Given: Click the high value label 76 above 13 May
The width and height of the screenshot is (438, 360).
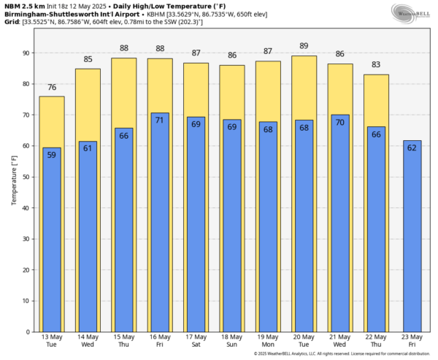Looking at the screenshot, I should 52,88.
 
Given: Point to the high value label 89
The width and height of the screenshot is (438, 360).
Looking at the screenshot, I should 304,47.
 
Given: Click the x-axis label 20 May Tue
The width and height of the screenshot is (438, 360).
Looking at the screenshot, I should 304,340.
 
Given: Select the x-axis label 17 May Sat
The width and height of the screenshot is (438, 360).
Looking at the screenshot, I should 196,340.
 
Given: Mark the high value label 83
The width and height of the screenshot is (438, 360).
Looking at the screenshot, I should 376,66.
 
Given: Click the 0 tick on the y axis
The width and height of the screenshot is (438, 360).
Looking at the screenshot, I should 28,332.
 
